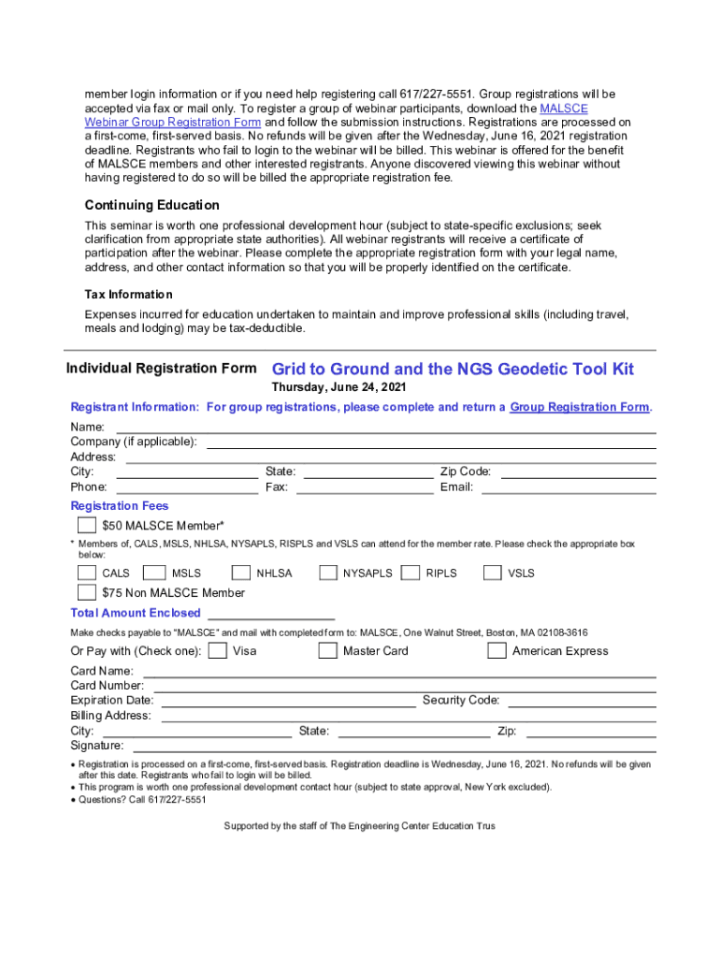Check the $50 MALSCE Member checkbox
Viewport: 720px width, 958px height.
(87, 525)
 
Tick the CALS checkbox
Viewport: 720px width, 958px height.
(87, 573)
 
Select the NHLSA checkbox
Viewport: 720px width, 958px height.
(241, 573)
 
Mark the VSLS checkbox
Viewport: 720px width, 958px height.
(493, 573)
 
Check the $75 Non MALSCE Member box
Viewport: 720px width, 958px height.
(87, 592)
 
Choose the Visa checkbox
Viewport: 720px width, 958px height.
(218, 650)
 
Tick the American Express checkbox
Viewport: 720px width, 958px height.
(497, 650)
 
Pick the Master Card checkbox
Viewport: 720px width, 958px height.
(327, 650)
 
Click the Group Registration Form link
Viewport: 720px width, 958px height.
(579, 407)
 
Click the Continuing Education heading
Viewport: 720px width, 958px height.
(151, 205)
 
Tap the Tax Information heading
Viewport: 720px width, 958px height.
(128, 295)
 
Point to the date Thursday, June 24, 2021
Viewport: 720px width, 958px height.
(338, 387)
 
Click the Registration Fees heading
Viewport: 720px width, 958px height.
(120, 506)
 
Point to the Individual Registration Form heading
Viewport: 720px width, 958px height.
(161, 368)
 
